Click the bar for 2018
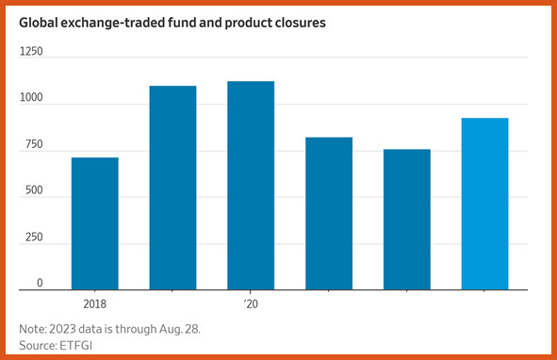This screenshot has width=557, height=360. pyautogui.click(x=95, y=223)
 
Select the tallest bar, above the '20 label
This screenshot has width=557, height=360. pyautogui.click(x=251, y=186)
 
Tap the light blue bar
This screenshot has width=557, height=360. pyautogui.click(x=484, y=204)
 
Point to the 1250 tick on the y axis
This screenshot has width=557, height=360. pyautogui.click(x=31, y=52)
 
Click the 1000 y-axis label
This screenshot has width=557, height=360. pyautogui.click(x=31, y=97)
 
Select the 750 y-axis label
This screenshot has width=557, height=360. pyautogui.click(x=34, y=144)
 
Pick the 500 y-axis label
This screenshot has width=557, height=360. pyautogui.click(x=34, y=190)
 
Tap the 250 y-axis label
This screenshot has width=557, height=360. pyautogui.click(x=34, y=237)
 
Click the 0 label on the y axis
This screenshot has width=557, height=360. pyautogui.click(x=40, y=283)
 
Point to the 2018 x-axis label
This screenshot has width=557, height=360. pyautogui.click(x=95, y=304)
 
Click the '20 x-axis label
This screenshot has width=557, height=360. pyautogui.click(x=251, y=304)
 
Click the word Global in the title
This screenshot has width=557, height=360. pyautogui.click(x=39, y=23)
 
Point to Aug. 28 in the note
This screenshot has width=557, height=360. pyautogui.click(x=179, y=329)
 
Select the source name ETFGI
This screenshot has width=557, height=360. pyautogui.click(x=76, y=346)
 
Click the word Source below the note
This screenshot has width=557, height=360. pyautogui.click(x=38, y=346)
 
